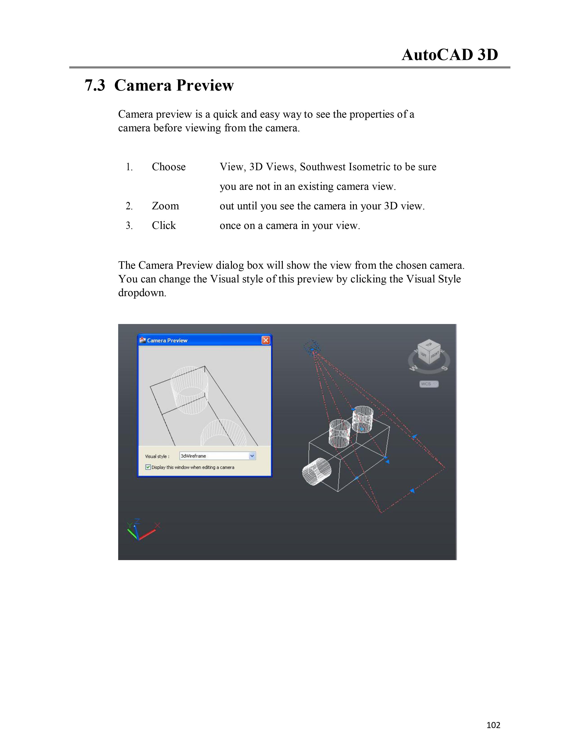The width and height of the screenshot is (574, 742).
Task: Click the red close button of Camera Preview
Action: click(x=266, y=340)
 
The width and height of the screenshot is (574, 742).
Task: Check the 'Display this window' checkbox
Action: click(x=148, y=467)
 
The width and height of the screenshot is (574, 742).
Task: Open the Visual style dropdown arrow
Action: click(x=252, y=456)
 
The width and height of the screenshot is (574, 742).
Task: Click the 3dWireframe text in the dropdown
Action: click(x=194, y=456)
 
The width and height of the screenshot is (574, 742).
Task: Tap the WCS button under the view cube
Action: click(x=429, y=384)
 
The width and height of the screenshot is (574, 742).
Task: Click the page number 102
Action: click(x=493, y=725)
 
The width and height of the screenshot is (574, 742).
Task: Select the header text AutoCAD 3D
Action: click(x=450, y=55)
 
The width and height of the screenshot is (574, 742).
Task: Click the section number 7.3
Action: click(x=95, y=85)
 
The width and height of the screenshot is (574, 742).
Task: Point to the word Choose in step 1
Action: click(x=169, y=167)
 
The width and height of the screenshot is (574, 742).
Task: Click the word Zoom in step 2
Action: click(x=165, y=206)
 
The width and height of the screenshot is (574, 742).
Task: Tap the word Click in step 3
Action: click(x=164, y=226)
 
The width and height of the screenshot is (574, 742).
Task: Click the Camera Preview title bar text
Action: click(x=167, y=340)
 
